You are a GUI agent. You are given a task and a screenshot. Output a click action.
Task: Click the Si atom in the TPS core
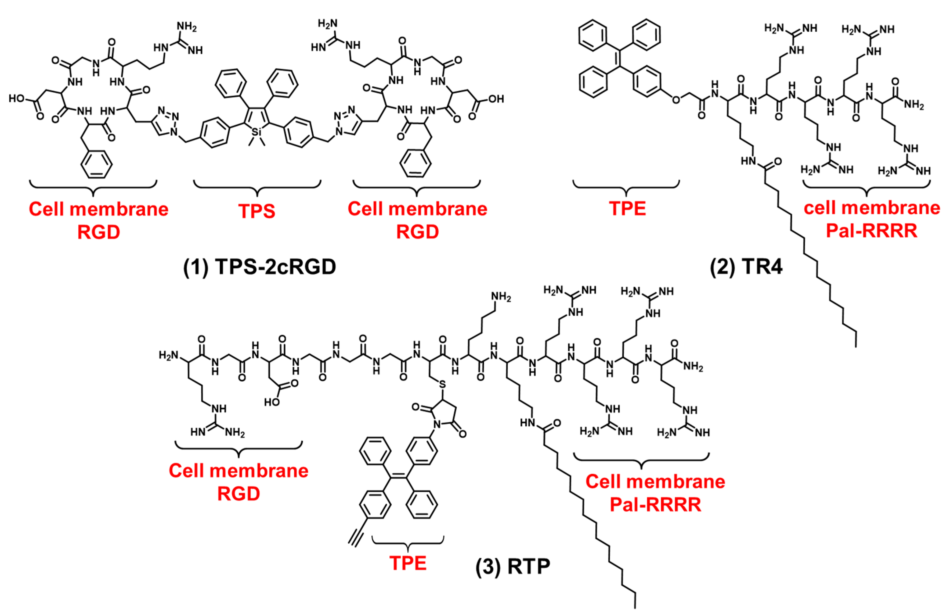(x=257, y=131)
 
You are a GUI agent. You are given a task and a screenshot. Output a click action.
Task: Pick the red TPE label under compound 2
(x=628, y=209)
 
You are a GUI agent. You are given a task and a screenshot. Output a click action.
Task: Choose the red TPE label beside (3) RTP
(x=408, y=563)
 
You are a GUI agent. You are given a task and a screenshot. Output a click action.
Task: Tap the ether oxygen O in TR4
(x=676, y=100)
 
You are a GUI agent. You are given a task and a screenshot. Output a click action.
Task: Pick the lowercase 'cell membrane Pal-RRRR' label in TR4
(x=871, y=219)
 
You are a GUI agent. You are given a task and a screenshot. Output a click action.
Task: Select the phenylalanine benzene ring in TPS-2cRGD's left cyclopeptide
(x=96, y=164)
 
